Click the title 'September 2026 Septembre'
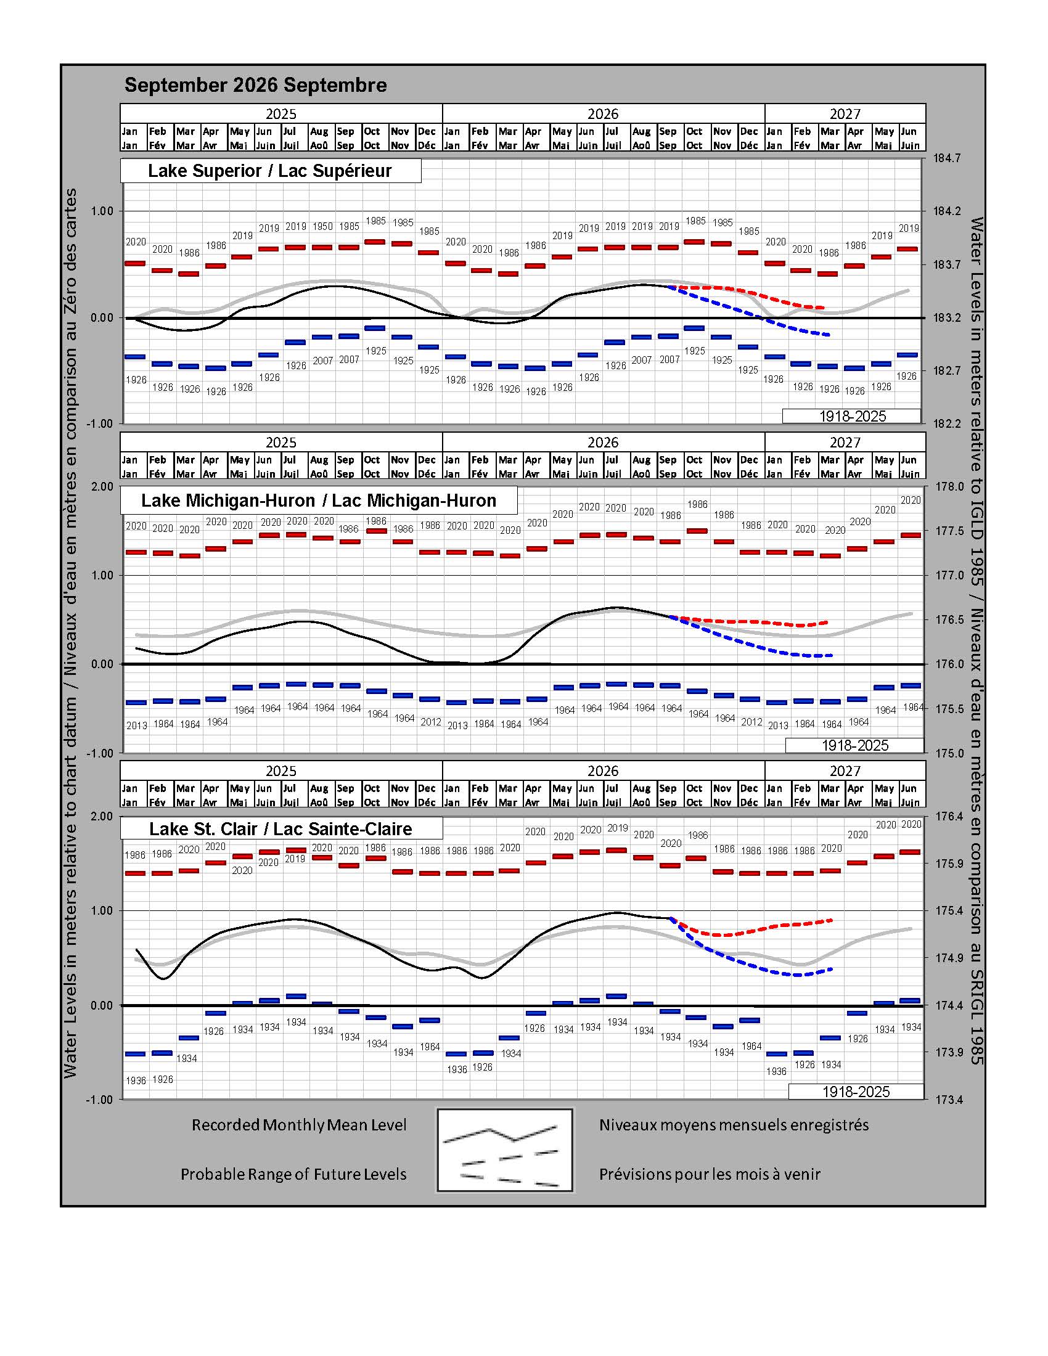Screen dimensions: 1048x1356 click(x=255, y=85)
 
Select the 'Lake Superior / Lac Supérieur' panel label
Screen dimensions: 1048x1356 click(x=270, y=171)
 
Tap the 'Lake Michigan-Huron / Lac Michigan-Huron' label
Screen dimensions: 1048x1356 click(x=319, y=500)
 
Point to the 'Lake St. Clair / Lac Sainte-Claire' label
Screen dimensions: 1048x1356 click(x=280, y=829)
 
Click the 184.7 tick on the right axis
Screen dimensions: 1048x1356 click(x=947, y=158)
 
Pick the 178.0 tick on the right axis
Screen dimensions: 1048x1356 click(x=949, y=487)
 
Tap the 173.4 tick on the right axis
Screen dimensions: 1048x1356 click(x=949, y=1100)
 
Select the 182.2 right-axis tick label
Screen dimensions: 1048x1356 click(x=947, y=423)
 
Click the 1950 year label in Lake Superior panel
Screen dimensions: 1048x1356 click(x=323, y=227)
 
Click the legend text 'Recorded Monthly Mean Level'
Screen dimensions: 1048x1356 click(x=299, y=1125)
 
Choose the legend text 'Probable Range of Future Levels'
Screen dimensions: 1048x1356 click(x=293, y=1174)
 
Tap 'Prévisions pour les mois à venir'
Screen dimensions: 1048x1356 click(x=710, y=1174)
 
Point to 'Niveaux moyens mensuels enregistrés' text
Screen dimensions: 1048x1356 click(x=734, y=1125)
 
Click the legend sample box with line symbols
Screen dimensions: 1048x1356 click(x=506, y=1150)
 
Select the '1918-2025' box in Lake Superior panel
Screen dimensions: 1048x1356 click(x=852, y=416)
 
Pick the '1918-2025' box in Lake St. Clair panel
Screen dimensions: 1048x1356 click(x=856, y=1092)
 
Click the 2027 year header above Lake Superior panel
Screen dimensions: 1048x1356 click(x=845, y=113)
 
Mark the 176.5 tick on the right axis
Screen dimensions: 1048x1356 click(x=949, y=619)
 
